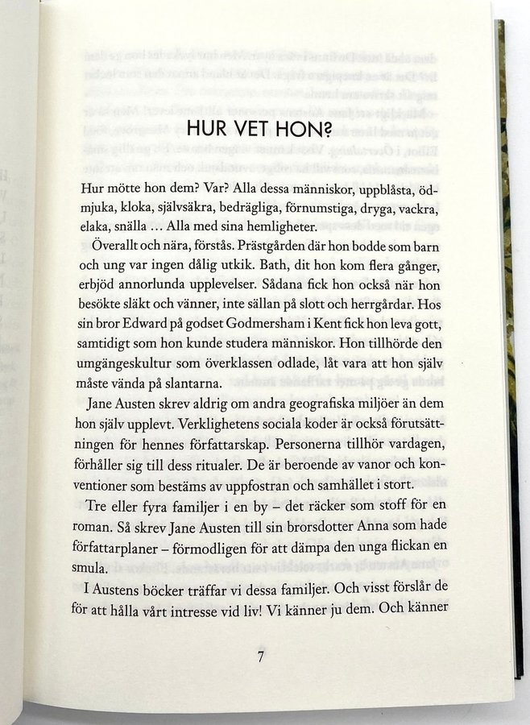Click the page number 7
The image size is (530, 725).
coord(260,657)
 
